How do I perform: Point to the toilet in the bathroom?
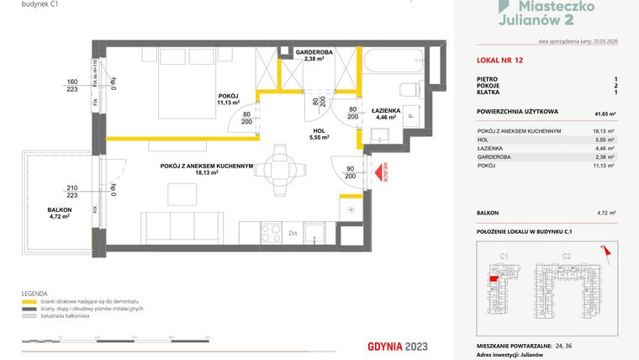tap(408, 90)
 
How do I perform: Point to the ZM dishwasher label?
tap(292, 233)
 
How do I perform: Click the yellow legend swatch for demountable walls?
tap(28, 300)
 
